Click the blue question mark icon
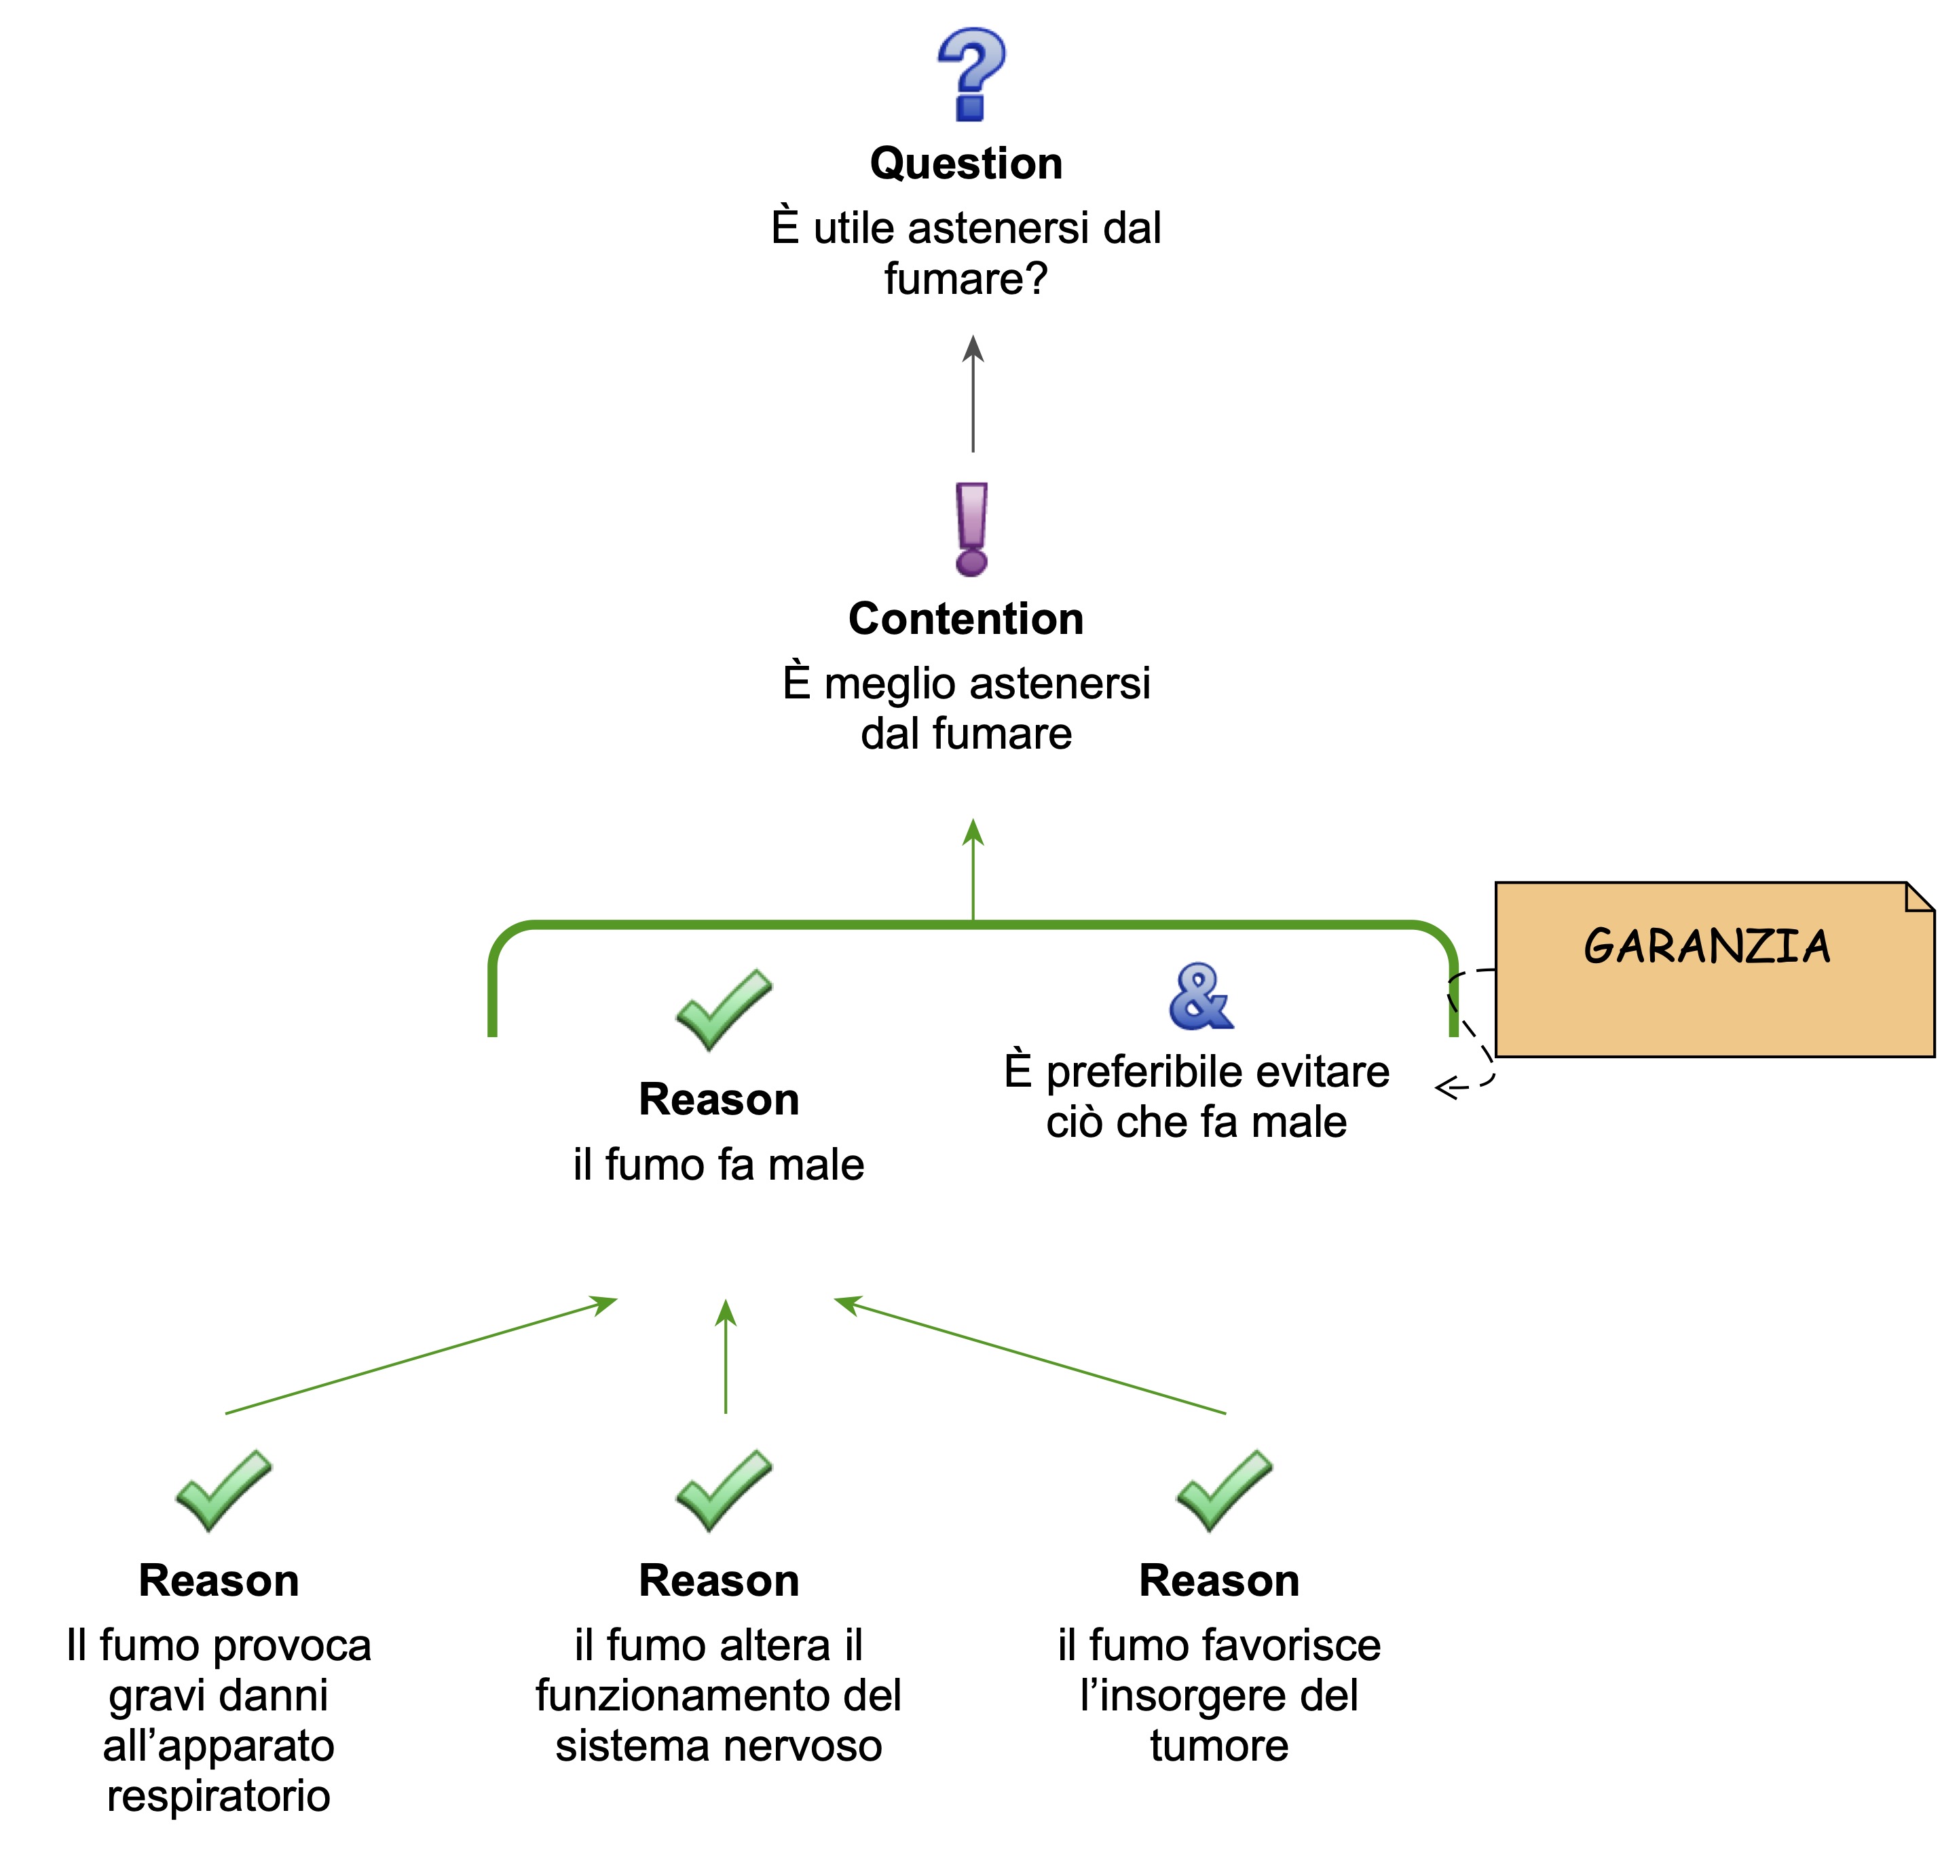970,74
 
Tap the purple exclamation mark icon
971,529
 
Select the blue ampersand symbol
1200,996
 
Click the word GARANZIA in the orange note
1706,946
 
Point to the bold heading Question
966,163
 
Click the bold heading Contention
966,619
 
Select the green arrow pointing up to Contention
973,870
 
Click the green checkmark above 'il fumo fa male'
724,1009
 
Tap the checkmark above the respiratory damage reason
223,1490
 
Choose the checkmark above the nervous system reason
724,1490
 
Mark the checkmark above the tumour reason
1224,1490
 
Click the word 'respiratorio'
219,1795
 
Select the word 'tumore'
1219,1745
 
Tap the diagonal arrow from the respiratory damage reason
420,1355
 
